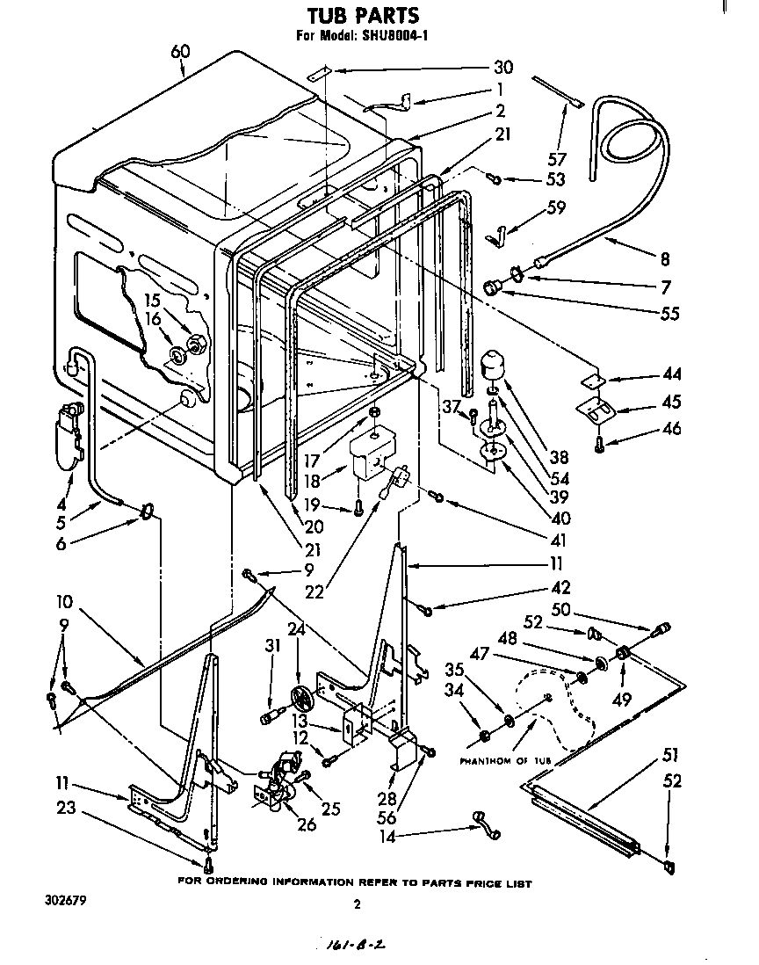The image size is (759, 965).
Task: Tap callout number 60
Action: (179, 52)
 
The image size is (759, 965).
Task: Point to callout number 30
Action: (503, 68)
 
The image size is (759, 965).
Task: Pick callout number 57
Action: (557, 159)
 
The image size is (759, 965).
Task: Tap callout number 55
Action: (670, 313)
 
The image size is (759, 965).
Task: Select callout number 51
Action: (671, 755)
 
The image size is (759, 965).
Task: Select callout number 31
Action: (273, 645)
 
